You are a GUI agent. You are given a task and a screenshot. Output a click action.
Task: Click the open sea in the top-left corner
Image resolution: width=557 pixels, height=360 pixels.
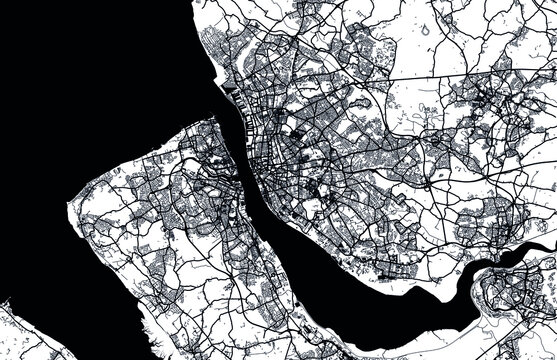click(x=60, y=50)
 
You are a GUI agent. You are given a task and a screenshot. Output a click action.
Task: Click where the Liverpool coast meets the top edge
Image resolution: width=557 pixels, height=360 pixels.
click(x=191, y=3)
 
